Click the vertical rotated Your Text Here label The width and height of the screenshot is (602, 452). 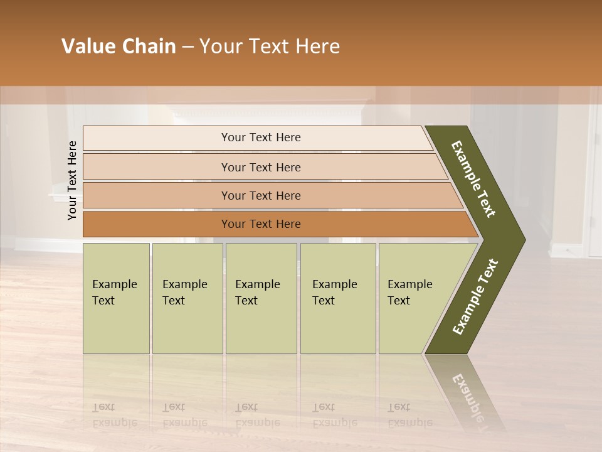pyautogui.click(x=72, y=180)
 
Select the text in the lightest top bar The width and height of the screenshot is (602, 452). pyautogui.click(x=261, y=137)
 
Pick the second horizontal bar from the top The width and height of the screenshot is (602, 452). pyautogui.click(x=261, y=167)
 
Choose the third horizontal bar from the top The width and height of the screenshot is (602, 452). pyautogui.click(x=261, y=195)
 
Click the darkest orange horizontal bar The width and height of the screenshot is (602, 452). pyautogui.click(x=261, y=224)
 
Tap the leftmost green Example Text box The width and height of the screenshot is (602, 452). pyautogui.click(x=116, y=298)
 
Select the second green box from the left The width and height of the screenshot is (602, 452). pyautogui.click(x=187, y=298)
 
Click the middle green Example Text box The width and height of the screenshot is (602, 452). pyautogui.click(x=261, y=298)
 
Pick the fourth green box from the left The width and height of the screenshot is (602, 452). pyautogui.click(x=338, y=298)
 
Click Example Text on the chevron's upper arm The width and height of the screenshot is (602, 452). pyautogui.click(x=473, y=179)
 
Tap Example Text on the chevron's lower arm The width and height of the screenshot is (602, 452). pyautogui.click(x=475, y=297)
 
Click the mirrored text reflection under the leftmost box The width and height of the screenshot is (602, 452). pyautogui.click(x=114, y=415)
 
